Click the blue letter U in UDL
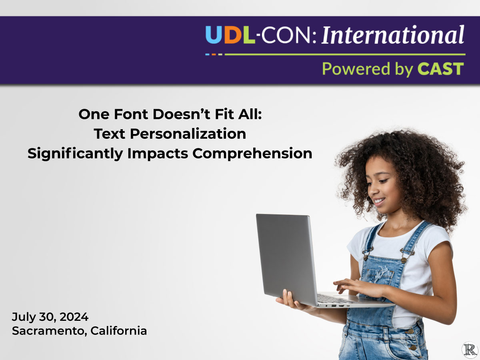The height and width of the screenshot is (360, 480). (x=213, y=35)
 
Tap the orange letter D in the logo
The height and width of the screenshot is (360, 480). (x=231, y=35)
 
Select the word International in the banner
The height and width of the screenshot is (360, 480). (x=393, y=35)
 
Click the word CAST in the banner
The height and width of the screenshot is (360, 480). (x=441, y=69)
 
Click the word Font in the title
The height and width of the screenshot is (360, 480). (x=131, y=114)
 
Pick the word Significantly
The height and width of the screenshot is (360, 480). (x=76, y=154)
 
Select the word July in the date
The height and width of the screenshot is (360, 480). (x=24, y=317)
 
